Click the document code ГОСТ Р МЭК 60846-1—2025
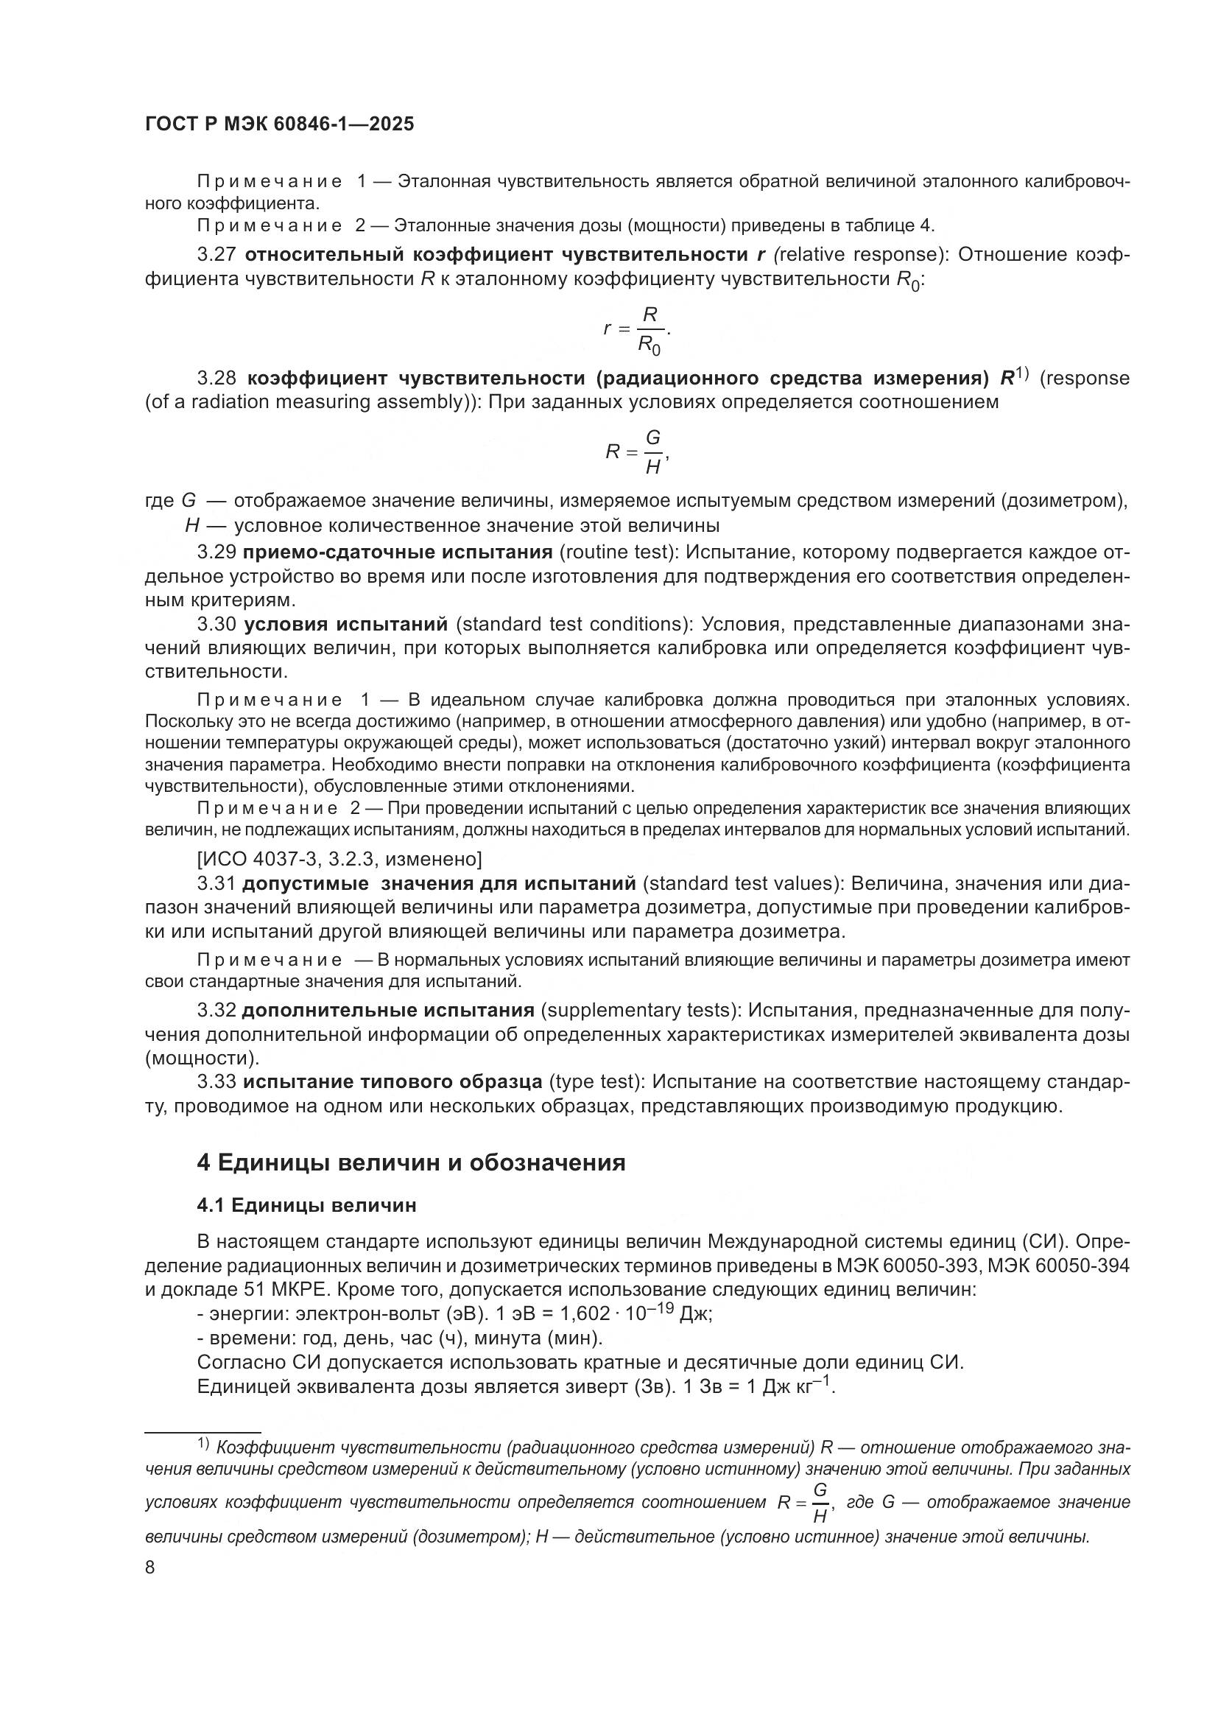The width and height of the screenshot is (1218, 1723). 279,124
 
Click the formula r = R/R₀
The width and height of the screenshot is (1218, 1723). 637,329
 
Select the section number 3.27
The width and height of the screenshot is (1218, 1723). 217,255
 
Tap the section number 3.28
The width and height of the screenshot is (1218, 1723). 217,378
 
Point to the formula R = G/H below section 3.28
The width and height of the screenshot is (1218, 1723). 637,452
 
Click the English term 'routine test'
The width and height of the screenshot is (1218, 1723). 619,553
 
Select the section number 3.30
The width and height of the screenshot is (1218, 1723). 217,625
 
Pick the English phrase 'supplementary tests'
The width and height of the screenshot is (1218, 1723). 642,1010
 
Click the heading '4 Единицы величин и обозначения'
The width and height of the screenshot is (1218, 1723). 411,1162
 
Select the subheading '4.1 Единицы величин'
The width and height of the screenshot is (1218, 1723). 306,1205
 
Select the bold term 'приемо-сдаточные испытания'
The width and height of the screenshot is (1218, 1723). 398,553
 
